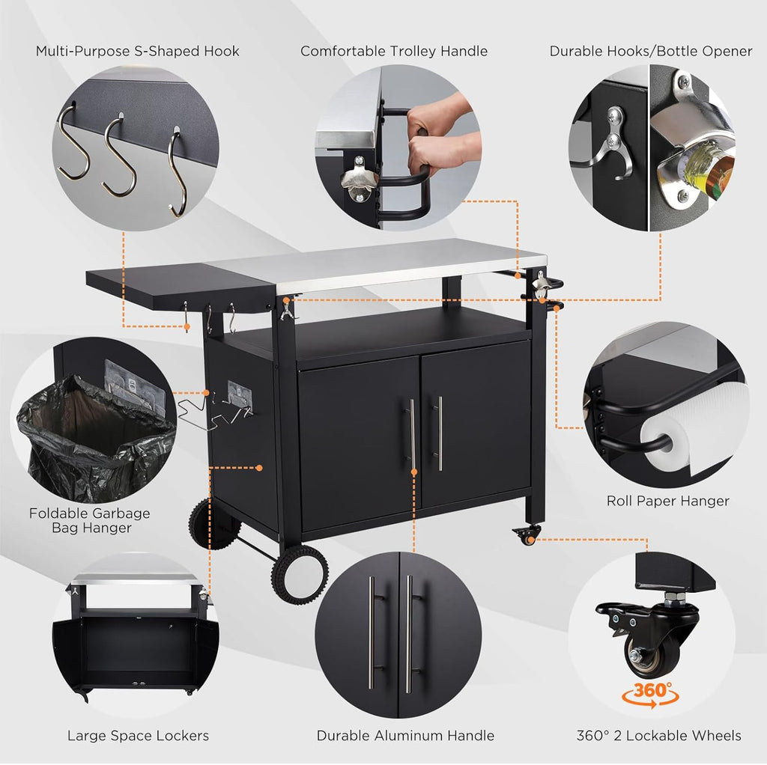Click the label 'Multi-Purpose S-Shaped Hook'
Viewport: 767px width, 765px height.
pos(138,52)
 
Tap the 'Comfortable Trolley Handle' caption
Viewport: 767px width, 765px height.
pos(394,52)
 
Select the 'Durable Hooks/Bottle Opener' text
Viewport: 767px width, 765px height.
pos(651,52)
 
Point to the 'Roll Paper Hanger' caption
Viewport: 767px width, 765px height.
pos(667,501)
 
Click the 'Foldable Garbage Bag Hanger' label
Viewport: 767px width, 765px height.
pos(90,520)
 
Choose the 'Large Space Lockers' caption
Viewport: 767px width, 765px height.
pos(138,736)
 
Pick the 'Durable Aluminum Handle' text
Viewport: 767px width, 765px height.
pos(405,736)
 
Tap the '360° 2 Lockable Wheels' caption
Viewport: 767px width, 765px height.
pos(659,736)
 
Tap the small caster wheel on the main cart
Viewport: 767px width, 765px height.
pos(527,535)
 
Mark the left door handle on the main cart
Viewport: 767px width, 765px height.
pos(412,434)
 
